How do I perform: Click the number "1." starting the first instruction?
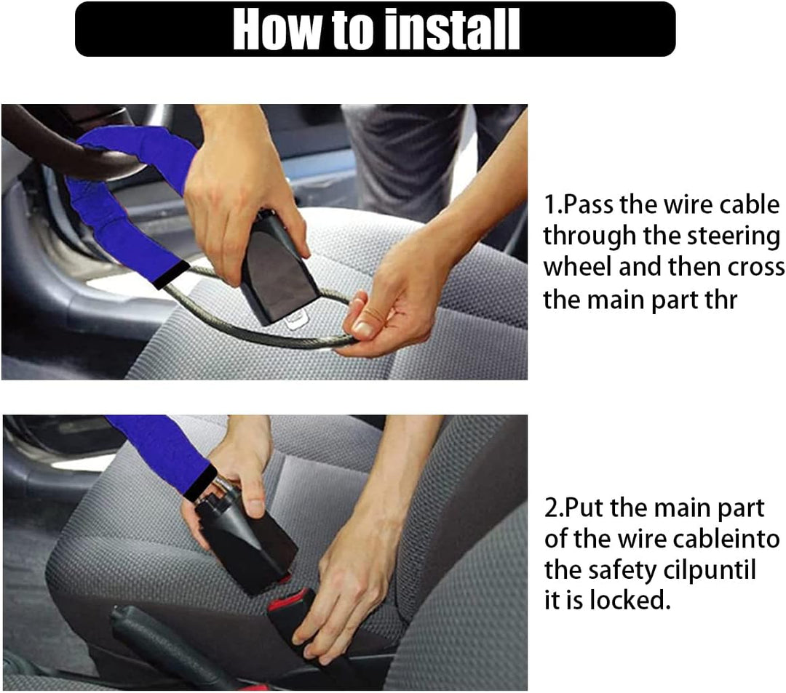pos(553,205)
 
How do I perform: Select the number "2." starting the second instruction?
pos(554,508)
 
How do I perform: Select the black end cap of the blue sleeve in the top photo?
pos(171,275)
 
